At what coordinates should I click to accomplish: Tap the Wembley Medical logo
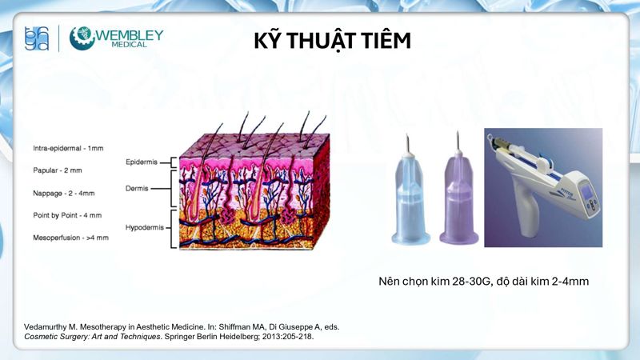pos(116,39)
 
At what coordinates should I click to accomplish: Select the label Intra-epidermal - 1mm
pos(68,148)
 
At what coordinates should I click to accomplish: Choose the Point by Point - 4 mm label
pos(67,215)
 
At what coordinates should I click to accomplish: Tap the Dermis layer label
pos(141,190)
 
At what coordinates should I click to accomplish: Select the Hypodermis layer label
pos(144,227)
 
